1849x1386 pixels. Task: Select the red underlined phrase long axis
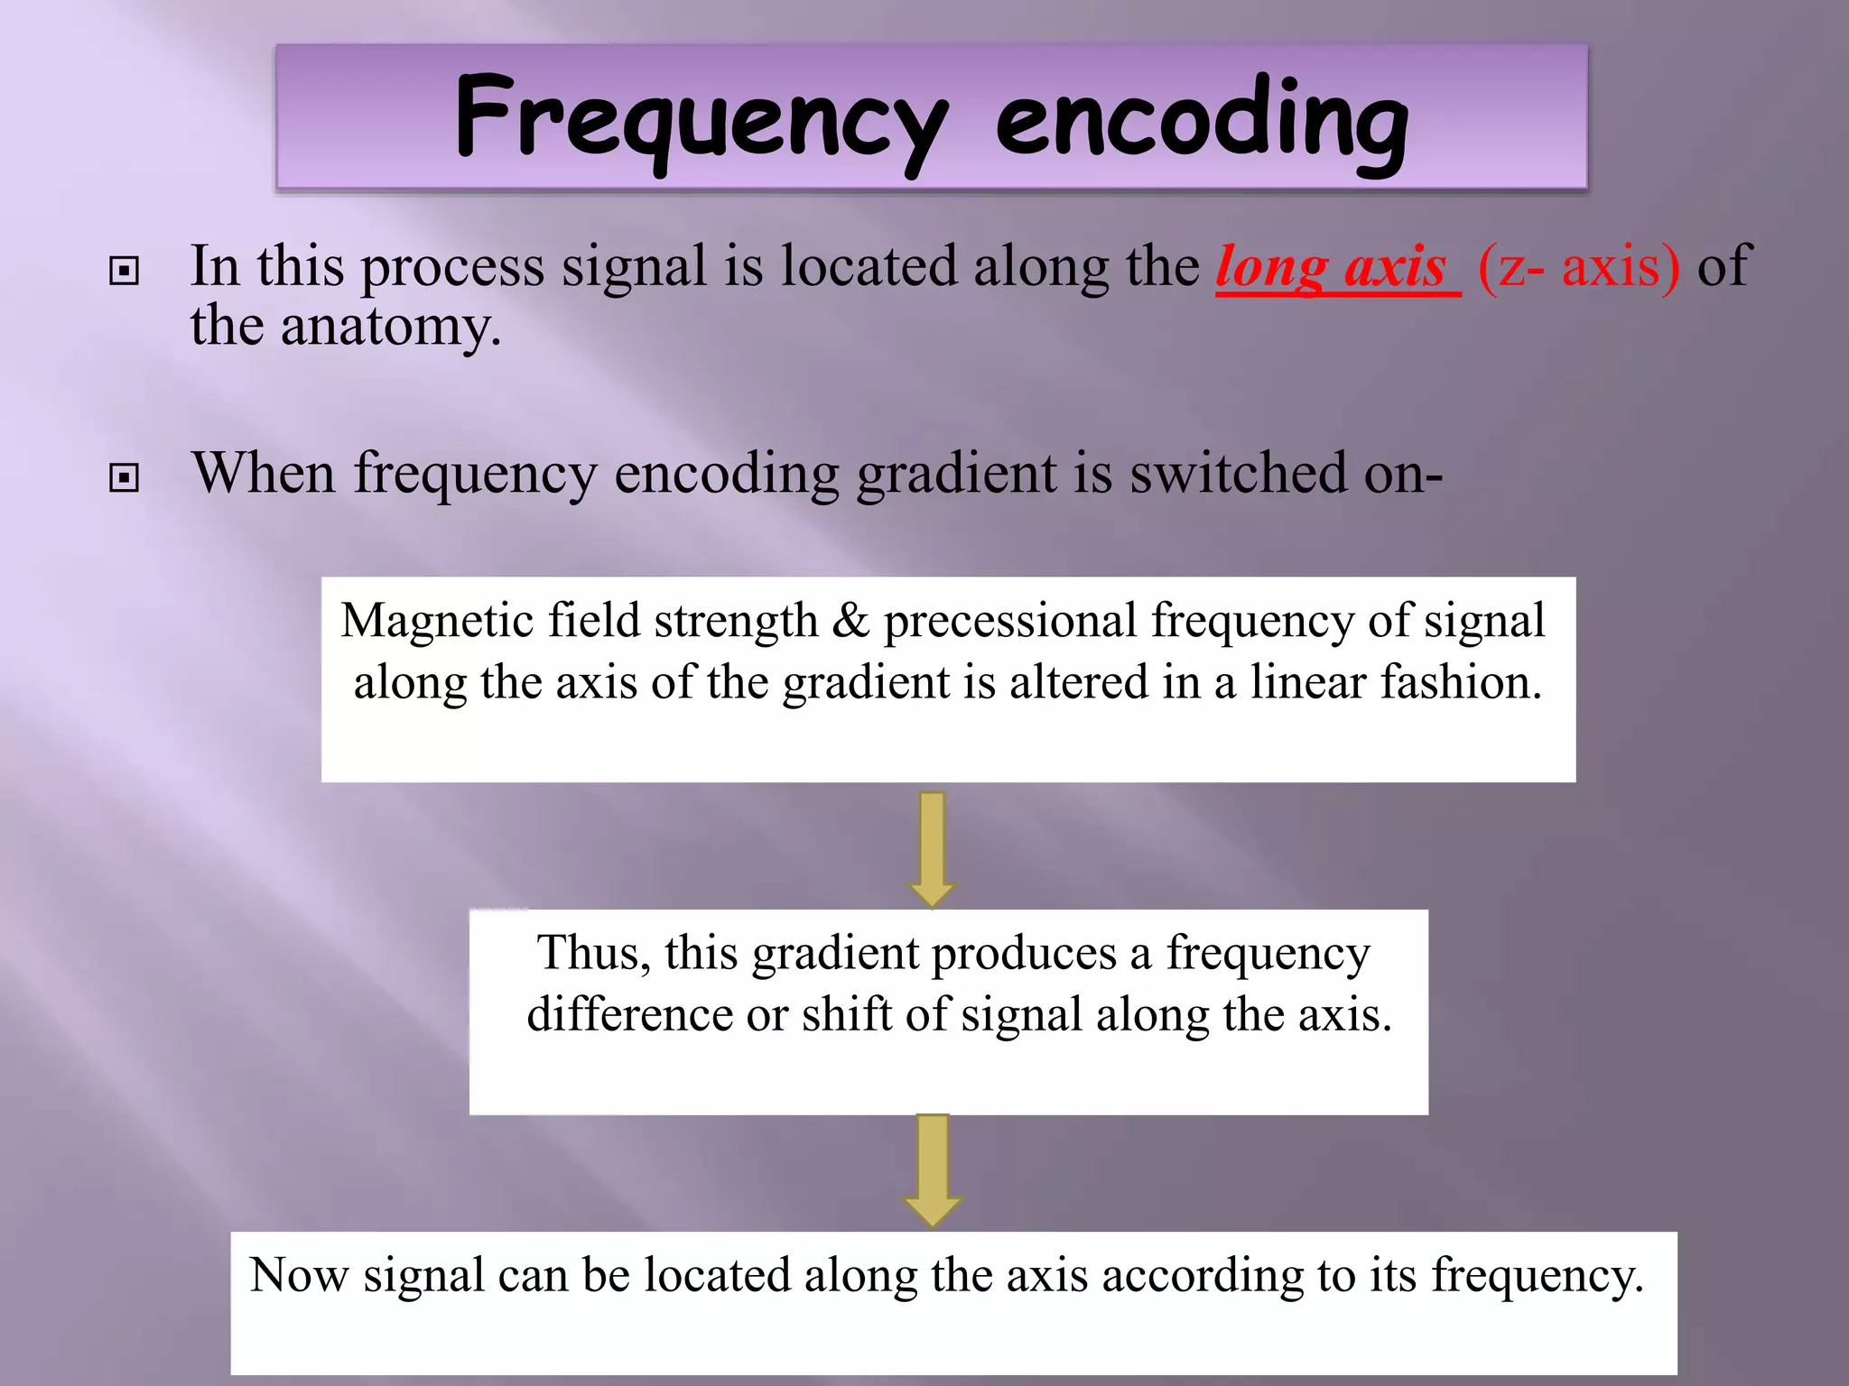1332,267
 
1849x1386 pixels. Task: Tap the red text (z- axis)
1579,267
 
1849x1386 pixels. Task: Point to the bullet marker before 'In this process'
124,271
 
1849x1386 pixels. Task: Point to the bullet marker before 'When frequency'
124,477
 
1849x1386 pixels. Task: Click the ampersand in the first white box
850,622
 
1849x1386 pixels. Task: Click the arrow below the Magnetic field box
932,848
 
